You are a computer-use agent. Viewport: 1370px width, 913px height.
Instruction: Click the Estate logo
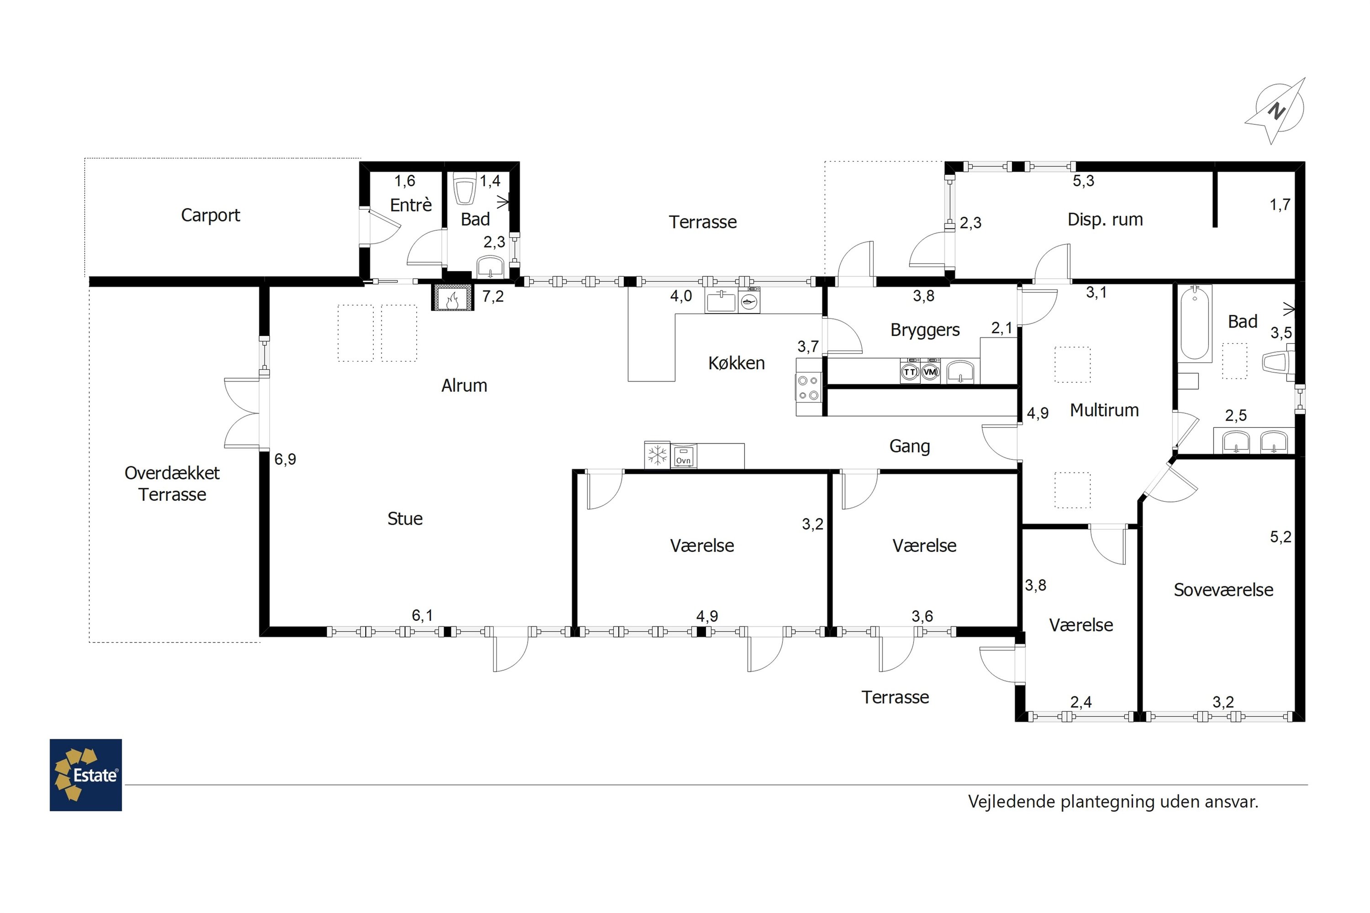(86, 775)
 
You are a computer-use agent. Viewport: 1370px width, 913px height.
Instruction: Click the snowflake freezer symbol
(658, 455)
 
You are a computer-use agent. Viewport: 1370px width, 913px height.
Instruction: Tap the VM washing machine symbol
(930, 372)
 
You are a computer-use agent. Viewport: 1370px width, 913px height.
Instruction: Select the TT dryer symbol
(910, 372)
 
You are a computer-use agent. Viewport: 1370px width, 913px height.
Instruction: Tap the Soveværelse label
(1223, 590)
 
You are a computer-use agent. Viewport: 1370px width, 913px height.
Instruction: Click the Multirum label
(1104, 410)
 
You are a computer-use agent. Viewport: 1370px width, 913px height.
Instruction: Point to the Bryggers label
(925, 330)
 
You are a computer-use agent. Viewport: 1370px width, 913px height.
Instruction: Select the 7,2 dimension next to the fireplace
(493, 296)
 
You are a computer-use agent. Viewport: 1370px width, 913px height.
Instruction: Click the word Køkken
(736, 363)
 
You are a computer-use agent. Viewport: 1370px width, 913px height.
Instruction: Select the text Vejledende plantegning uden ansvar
(1113, 802)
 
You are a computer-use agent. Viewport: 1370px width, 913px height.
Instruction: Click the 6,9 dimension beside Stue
(285, 459)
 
